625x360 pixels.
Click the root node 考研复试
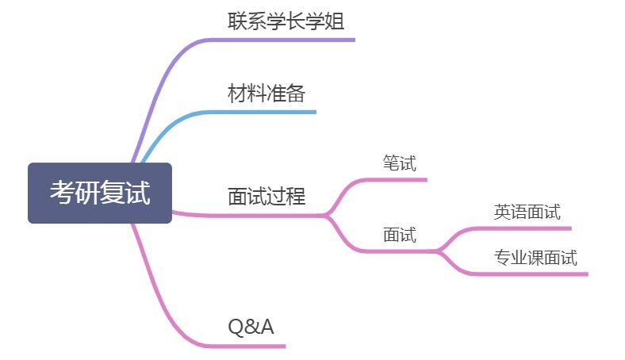click(100, 193)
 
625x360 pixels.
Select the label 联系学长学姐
click(286, 21)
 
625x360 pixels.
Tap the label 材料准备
click(266, 94)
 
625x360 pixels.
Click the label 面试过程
click(266, 195)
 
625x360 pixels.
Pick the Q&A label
click(251, 326)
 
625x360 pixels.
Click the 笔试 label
click(399, 163)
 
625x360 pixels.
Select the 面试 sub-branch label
click(399, 235)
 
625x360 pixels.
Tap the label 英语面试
click(527, 212)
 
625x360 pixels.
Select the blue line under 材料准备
click(262, 112)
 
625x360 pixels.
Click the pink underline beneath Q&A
click(246, 346)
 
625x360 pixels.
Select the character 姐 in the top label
click(335, 21)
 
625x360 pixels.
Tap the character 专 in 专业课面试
click(501, 258)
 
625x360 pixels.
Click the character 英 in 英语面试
click(502, 212)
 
